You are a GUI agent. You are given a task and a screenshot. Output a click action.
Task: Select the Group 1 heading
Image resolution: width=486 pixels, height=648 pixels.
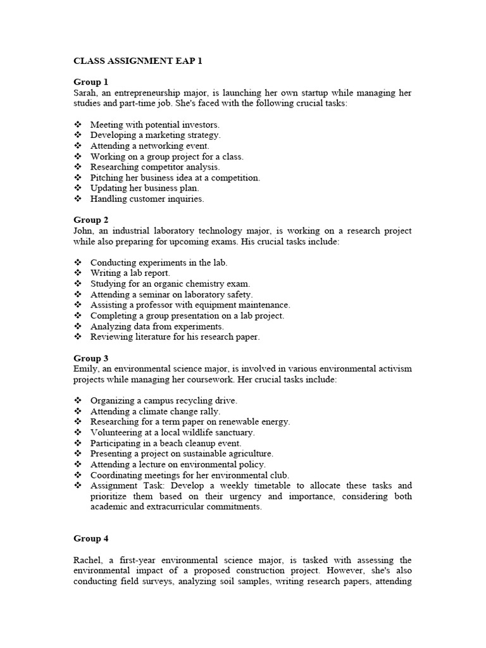91,82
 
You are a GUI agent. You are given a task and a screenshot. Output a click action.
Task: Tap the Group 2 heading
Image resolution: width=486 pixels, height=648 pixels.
91,220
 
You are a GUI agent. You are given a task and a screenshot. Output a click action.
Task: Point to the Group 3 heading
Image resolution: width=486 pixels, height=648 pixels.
91,358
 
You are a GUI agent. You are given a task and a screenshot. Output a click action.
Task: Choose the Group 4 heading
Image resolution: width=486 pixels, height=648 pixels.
91,539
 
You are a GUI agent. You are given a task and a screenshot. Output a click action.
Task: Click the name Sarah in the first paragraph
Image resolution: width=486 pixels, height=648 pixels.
85,93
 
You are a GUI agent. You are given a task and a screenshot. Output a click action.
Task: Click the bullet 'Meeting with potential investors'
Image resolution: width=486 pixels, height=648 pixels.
154,125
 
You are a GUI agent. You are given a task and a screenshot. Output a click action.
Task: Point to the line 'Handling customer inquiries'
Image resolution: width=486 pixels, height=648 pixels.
147,199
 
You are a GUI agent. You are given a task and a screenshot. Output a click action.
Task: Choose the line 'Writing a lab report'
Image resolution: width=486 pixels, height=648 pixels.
130,273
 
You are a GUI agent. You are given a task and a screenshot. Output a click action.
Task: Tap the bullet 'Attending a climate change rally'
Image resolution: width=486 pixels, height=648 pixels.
155,411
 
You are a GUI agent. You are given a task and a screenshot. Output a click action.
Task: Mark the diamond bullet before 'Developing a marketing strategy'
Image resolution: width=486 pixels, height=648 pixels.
78,135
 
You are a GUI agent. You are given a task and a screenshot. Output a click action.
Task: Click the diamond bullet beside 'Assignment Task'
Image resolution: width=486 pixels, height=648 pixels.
78,486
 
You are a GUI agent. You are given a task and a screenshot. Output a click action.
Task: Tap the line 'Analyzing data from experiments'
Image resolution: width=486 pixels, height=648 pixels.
157,327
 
